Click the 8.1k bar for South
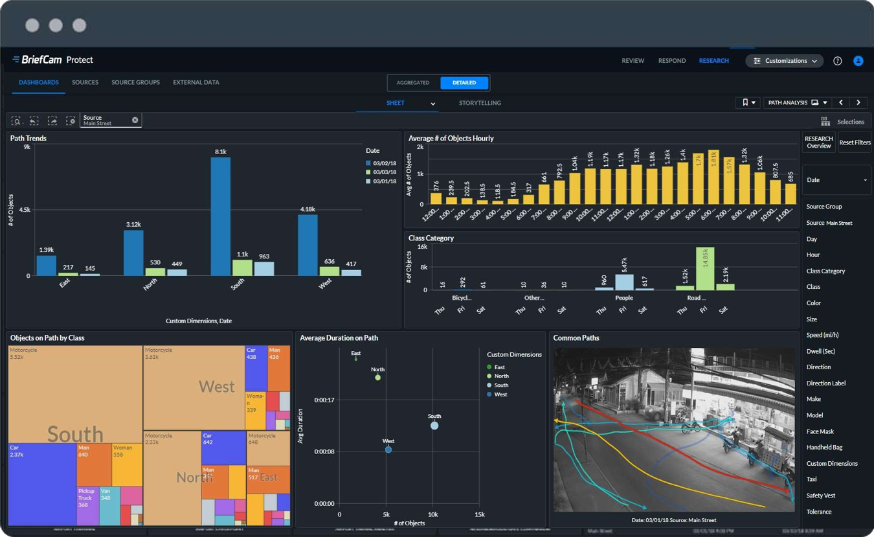pos(221,216)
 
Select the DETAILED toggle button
pos(464,83)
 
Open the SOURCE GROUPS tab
pos(135,82)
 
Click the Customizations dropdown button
pos(785,61)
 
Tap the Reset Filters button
pos(855,143)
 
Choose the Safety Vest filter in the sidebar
pos(820,496)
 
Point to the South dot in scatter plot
pos(434,426)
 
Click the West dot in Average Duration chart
pos(388,450)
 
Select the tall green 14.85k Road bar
pos(705,268)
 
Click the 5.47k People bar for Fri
pos(624,282)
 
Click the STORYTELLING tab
pos(480,103)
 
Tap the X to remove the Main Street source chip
pos(135,120)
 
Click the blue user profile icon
pos(858,61)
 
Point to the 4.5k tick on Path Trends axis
pos(24,210)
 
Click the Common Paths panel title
pos(576,338)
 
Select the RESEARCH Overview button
pos(818,143)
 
